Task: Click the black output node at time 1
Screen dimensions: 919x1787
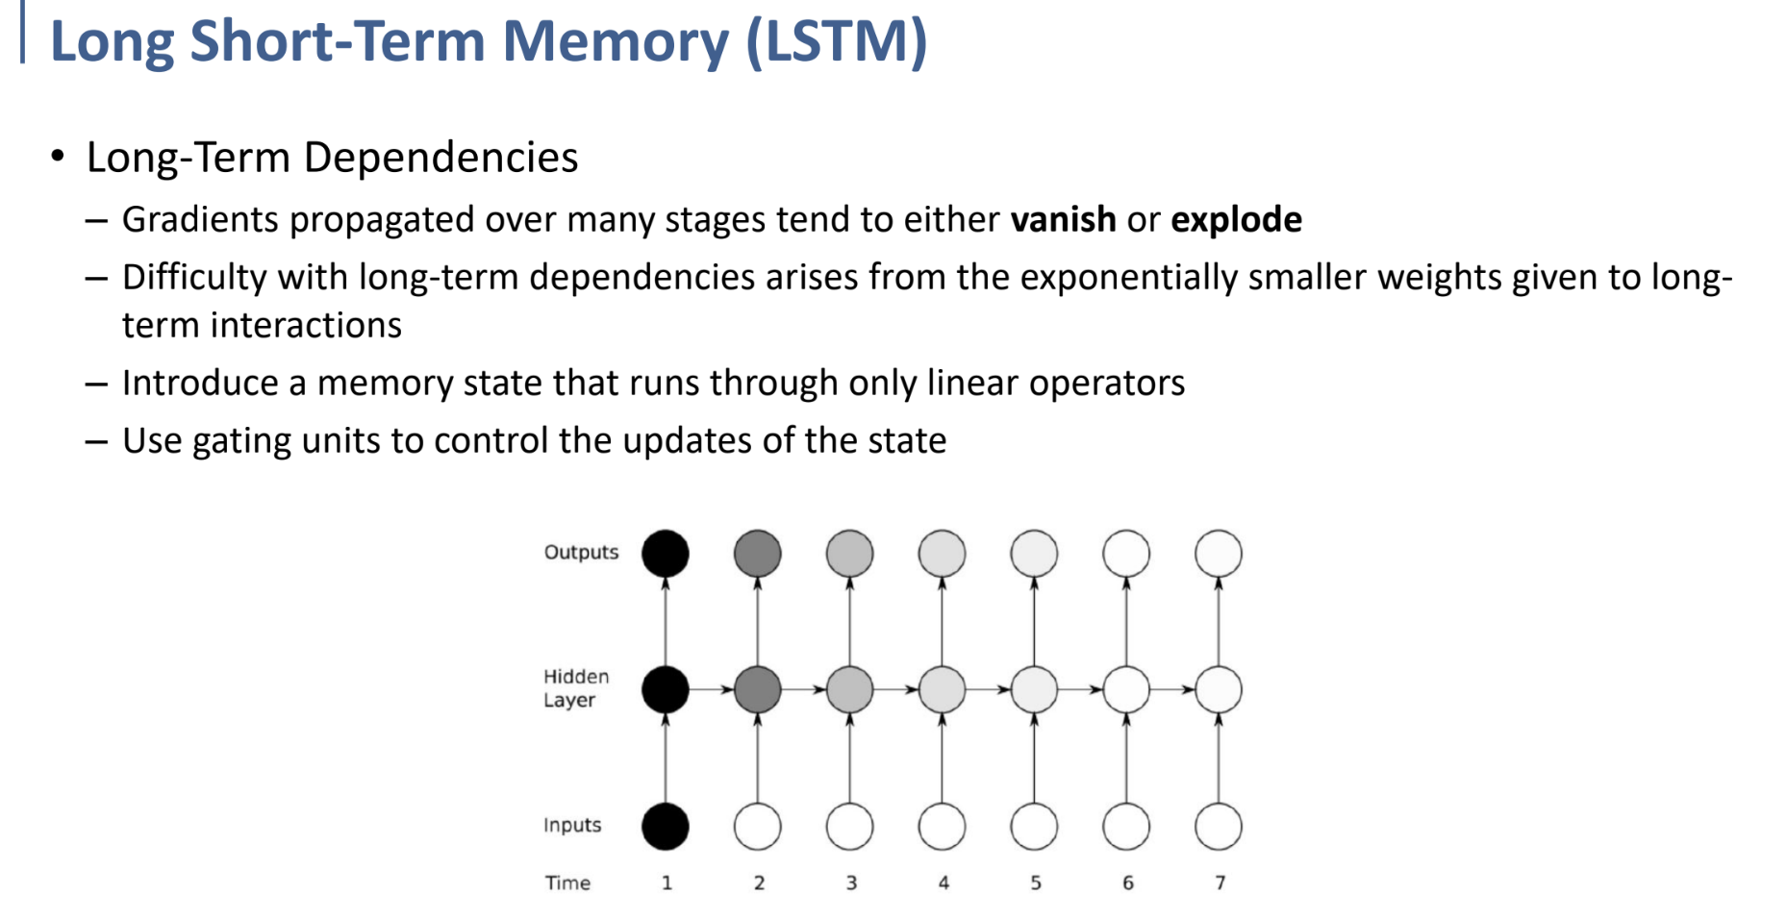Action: (x=666, y=554)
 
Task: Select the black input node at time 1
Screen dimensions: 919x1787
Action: (x=666, y=826)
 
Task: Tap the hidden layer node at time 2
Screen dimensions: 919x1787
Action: (x=758, y=689)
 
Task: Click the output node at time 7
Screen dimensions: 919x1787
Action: (x=1219, y=554)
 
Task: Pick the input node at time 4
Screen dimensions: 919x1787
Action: (x=942, y=826)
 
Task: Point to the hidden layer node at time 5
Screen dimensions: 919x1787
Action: (x=1034, y=689)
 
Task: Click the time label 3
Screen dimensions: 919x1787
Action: (x=851, y=882)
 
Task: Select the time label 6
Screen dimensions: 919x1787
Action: (x=1127, y=882)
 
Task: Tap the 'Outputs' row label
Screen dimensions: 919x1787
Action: (x=581, y=553)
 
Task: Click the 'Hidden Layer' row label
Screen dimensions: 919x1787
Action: (x=575, y=688)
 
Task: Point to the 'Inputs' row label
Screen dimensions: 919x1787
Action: (x=572, y=826)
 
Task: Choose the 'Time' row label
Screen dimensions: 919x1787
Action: (x=567, y=882)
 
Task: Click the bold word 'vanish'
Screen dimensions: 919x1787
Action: (x=1063, y=220)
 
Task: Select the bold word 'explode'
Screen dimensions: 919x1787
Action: (x=1236, y=220)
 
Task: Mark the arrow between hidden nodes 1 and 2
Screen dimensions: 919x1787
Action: (x=712, y=689)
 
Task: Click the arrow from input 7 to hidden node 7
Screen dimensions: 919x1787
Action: (x=1219, y=759)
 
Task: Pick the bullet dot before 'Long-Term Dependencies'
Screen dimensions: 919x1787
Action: (x=58, y=156)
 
